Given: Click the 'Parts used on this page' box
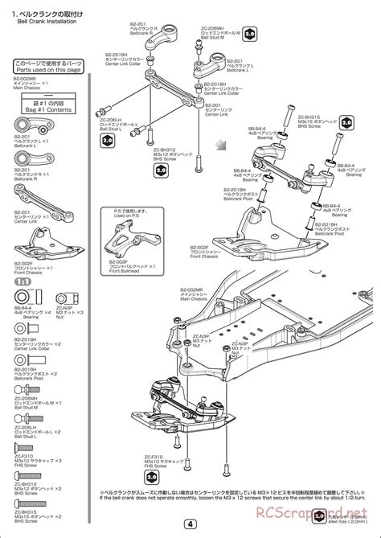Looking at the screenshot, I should coord(46,66).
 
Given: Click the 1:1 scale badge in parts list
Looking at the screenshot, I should coord(25,283).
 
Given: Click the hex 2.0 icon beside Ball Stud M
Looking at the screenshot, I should coord(250,35).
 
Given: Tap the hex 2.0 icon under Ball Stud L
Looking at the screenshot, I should coord(107,139).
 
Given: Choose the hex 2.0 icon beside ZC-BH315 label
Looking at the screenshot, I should coord(346,121).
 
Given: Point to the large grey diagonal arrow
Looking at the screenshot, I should coord(220,146).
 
